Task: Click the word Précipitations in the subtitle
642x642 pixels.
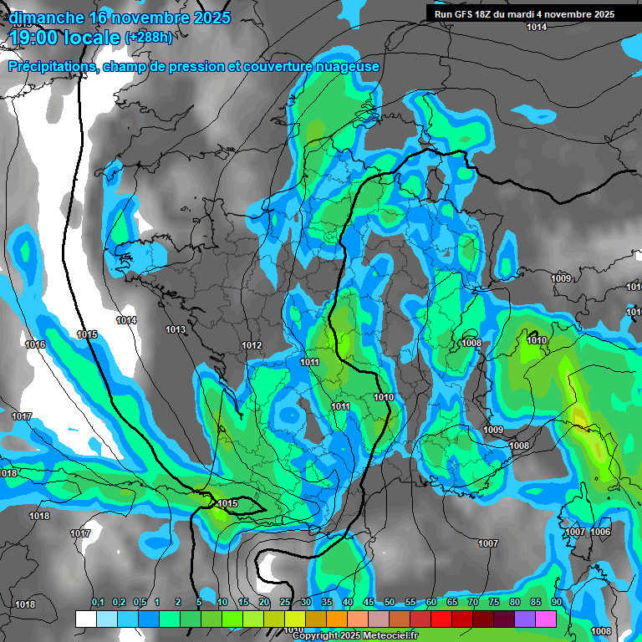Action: coord(50,66)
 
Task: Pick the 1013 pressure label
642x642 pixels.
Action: coord(176,330)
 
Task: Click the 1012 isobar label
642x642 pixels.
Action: coord(252,345)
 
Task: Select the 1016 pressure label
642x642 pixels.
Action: coord(35,344)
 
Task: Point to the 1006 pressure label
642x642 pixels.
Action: coord(600,532)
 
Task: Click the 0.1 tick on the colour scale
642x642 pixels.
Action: coord(97,604)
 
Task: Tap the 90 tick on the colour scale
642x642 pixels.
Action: coord(556,604)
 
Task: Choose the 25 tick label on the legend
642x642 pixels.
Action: coord(285,604)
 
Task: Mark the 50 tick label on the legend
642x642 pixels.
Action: coord(390,604)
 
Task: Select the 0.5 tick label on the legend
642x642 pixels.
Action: coord(139,604)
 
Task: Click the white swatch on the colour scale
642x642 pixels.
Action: coord(85,619)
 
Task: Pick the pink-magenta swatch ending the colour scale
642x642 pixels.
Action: coord(546,619)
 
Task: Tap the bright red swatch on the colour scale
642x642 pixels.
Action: coord(441,619)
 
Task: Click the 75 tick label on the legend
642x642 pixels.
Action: coord(494,604)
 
